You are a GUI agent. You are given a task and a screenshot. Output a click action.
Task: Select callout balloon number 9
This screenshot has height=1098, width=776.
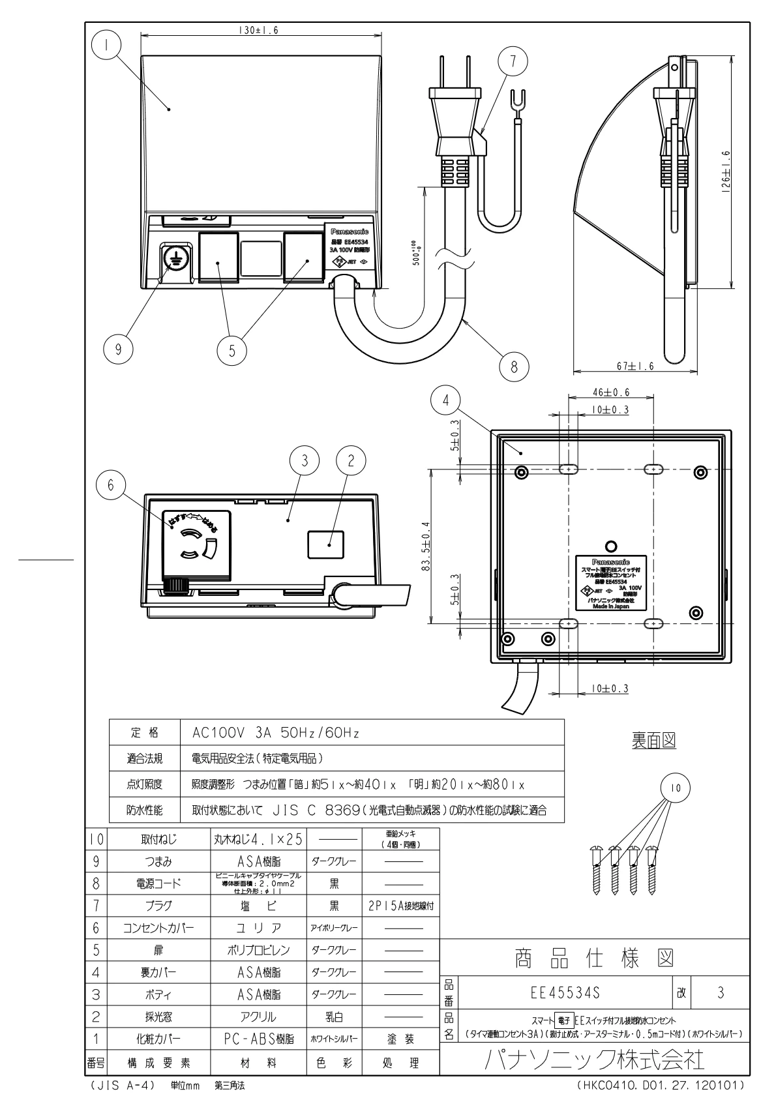(x=119, y=349)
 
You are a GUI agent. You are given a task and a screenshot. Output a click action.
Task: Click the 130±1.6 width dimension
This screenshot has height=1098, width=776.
(x=258, y=31)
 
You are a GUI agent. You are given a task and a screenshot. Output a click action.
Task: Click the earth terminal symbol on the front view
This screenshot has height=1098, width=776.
(x=175, y=258)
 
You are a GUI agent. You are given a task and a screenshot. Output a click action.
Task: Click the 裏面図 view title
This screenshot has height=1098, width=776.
(x=653, y=740)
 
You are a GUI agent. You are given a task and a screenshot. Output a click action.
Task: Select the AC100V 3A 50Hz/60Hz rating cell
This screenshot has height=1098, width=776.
(x=276, y=733)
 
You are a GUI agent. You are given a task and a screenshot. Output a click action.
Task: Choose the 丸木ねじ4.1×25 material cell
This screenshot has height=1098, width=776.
(x=258, y=839)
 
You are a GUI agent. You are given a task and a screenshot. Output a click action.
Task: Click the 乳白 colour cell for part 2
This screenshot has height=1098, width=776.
(x=333, y=1016)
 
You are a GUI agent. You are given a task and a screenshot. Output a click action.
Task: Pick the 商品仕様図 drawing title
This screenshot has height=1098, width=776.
(x=594, y=959)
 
